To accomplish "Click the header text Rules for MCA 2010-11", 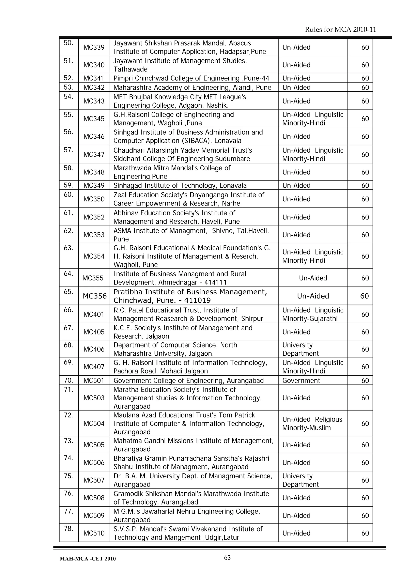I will click(x=340, y=30).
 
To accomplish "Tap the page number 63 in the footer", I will click(x=227, y=558).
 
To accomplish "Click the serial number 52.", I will click(x=68, y=78).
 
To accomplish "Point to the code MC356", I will click(x=95, y=296).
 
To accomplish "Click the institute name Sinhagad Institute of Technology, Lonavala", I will click(x=180, y=185).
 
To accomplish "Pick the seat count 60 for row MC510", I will click(x=365, y=533).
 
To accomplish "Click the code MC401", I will click(x=94, y=314).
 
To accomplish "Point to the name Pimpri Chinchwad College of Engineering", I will click(x=176, y=78).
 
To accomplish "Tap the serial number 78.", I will click(x=68, y=528).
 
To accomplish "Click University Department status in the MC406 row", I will click(x=301, y=349).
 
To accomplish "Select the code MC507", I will click(x=94, y=480).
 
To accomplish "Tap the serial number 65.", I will click(x=68, y=291).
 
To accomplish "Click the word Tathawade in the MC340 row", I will click(x=130, y=69).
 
